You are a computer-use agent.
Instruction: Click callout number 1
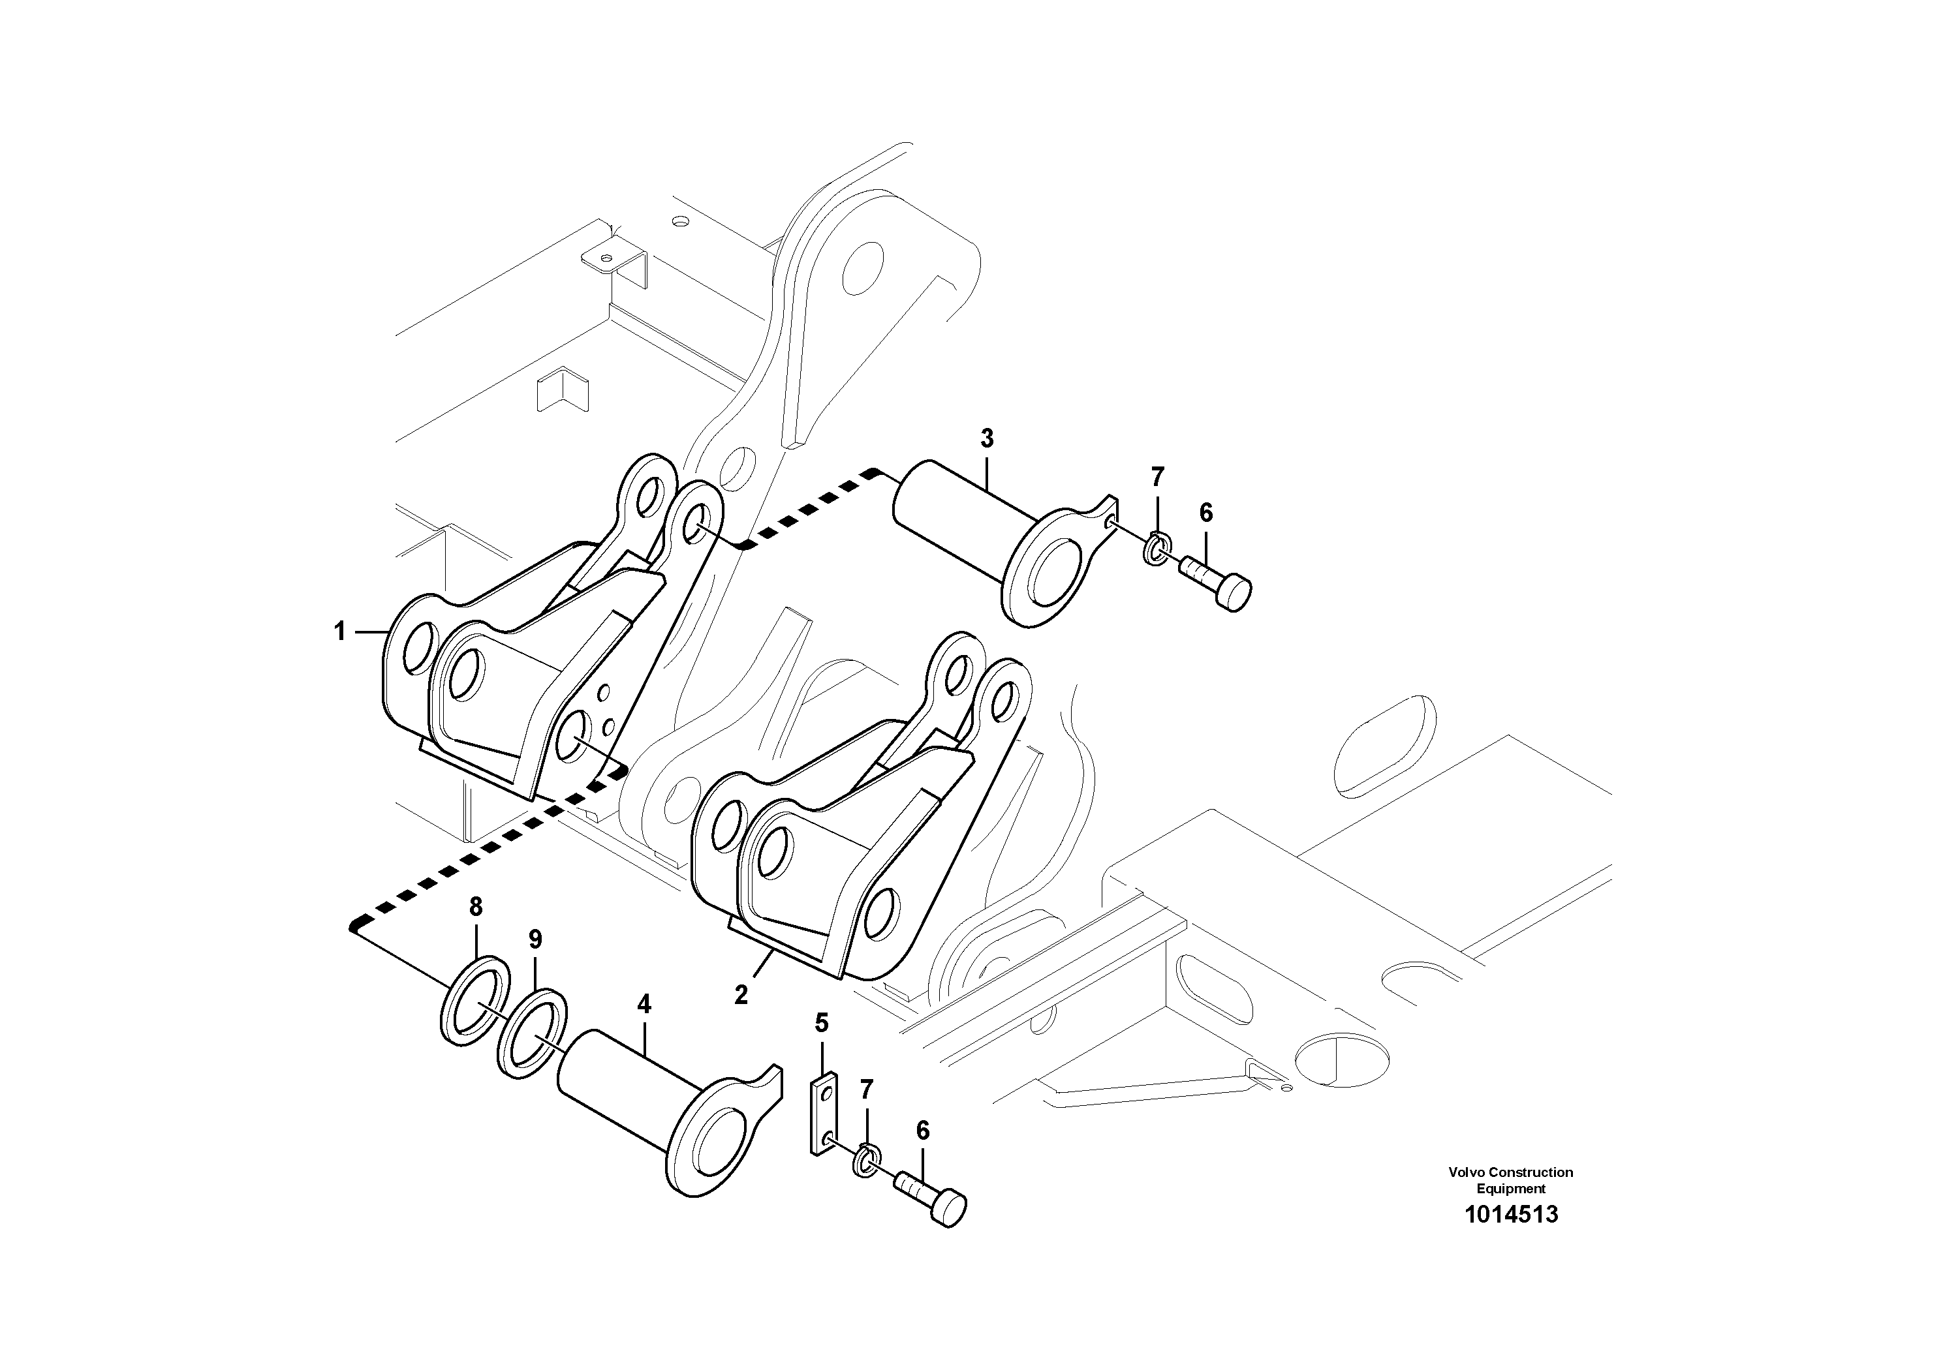pyautogui.click(x=339, y=631)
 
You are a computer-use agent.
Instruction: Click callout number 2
pyautogui.click(x=741, y=996)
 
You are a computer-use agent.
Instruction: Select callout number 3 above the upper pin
pyautogui.click(x=987, y=439)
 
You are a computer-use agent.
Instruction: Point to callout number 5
pyautogui.click(x=822, y=1024)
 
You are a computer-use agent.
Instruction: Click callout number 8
pyautogui.click(x=476, y=907)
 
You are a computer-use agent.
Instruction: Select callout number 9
pyautogui.click(x=535, y=939)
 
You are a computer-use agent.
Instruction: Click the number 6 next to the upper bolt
pyautogui.click(x=1206, y=513)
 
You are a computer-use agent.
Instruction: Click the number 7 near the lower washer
pyautogui.click(x=865, y=1090)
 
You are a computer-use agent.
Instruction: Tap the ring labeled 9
pyautogui.click(x=533, y=1033)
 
